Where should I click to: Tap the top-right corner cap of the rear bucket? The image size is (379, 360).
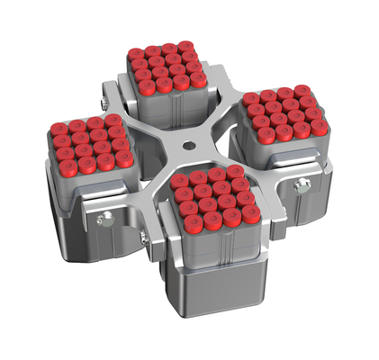185,46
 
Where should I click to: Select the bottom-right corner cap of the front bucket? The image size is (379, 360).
251,213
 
